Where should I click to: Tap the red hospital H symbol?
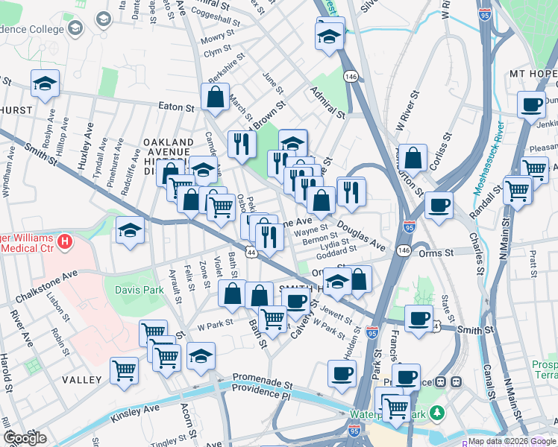[x=66, y=241]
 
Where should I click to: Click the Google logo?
[x=25, y=438]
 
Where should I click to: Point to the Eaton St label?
[x=175, y=107]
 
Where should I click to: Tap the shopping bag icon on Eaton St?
[x=215, y=98]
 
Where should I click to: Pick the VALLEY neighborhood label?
[x=82, y=380]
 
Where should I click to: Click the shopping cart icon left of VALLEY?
[x=125, y=370]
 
